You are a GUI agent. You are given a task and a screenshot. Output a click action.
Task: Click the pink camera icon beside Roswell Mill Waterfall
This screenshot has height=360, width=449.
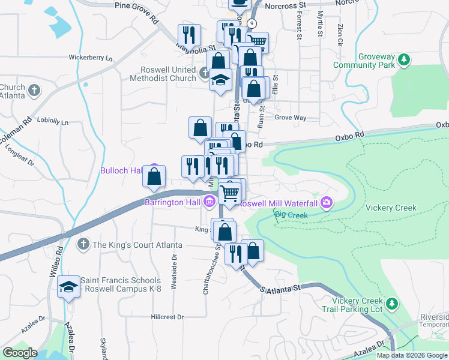(x=327, y=202)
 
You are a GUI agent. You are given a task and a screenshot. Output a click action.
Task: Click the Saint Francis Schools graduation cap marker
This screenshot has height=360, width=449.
(x=69, y=287)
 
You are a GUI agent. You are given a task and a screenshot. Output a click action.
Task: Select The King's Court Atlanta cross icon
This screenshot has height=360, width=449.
(x=83, y=244)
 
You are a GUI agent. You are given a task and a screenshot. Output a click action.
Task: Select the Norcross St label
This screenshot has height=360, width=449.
(x=285, y=5)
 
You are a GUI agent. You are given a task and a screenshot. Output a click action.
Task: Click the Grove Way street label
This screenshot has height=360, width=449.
(x=291, y=118)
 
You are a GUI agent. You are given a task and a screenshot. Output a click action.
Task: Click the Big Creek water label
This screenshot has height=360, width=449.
(x=291, y=214)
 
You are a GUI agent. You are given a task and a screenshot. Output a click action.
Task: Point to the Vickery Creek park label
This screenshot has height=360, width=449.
(x=391, y=208)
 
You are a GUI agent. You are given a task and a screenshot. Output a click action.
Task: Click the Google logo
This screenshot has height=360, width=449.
(x=20, y=353)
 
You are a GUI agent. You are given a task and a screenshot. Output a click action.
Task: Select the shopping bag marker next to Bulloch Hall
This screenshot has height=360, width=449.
(x=154, y=177)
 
